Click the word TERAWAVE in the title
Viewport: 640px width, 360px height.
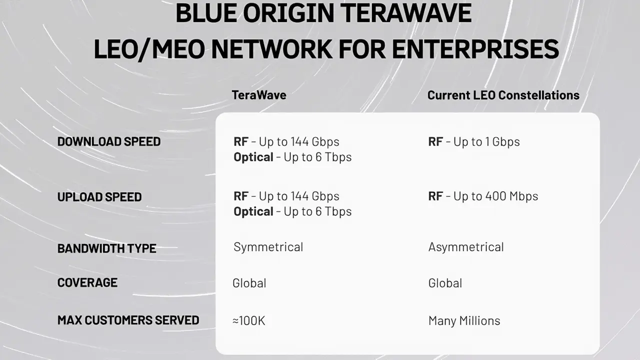pyautogui.click(x=406, y=13)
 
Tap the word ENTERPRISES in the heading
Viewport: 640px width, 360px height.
pyautogui.click(x=475, y=49)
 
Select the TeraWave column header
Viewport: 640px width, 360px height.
pyautogui.click(x=259, y=95)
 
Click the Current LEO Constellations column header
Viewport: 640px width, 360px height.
pyautogui.click(x=503, y=95)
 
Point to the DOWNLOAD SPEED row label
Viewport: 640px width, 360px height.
pyautogui.click(x=109, y=141)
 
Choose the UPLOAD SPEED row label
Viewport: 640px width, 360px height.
pyautogui.click(x=99, y=197)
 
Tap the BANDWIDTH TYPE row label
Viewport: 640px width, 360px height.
pyautogui.click(x=107, y=248)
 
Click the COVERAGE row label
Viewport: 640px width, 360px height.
pyautogui.click(x=87, y=282)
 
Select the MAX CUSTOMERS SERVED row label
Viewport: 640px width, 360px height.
pyautogui.click(x=128, y=320)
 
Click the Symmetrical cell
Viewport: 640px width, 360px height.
pyautogui.click(x=268, y=247)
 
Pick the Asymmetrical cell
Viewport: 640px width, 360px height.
pyautogui.click(x=466, y=247)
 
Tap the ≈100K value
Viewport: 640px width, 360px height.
pyautogui.click(x=249, y=320)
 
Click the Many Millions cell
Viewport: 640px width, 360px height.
pyautogui.click(x=464, y=321)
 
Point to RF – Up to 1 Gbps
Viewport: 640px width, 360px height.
pyautogui.click(x=474, y=141)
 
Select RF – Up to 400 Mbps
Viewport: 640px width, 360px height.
pyautogui.click(x=483, y=196)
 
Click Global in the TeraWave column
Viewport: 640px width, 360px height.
pyautogui.click(x=249, y=283)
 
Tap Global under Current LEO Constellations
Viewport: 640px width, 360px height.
pyautogui.click(x=445, y=283)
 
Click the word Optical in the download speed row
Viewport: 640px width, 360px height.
pyautogui.click(x=253, y=157)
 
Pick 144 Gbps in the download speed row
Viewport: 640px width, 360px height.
pyautogui.click(x=315, y=141)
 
